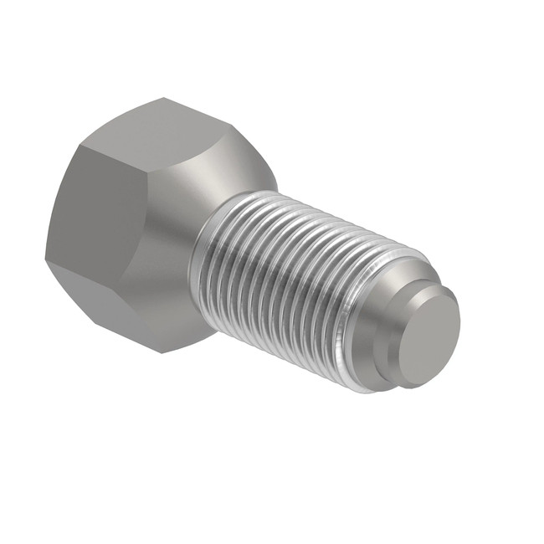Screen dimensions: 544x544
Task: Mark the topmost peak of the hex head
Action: point(164,99)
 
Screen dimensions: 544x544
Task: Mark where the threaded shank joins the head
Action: point(201,251)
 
